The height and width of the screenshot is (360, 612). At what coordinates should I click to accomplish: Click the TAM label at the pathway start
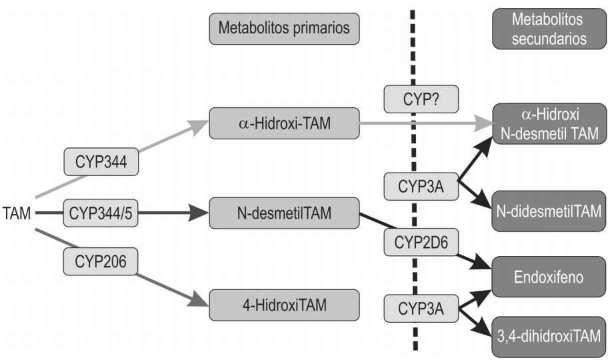[x=17, y=214]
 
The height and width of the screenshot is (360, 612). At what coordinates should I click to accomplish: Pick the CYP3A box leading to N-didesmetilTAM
[x=422, y=186]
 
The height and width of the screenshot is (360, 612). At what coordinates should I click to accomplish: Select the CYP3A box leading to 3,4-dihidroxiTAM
[x=422, y=309]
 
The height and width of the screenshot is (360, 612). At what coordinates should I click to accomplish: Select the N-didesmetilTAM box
[x=549, y=211]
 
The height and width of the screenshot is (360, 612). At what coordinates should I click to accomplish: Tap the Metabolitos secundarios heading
[x=549, y=29]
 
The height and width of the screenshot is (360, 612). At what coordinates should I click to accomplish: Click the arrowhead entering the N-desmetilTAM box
[x=200, y=213]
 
